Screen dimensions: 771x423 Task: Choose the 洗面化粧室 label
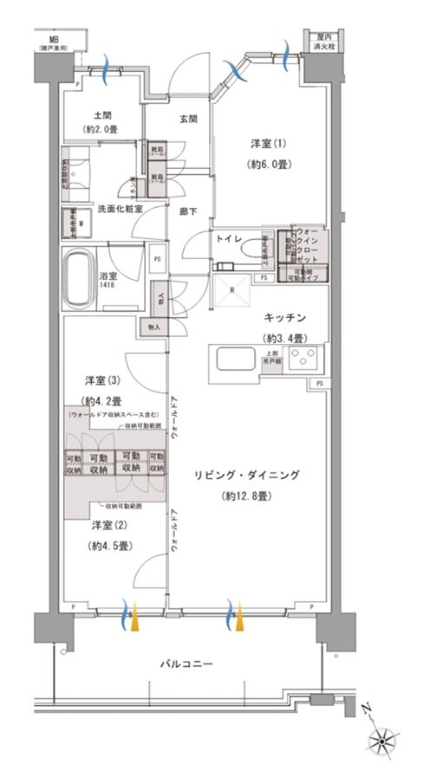pyautogui.click(x=120, y=210)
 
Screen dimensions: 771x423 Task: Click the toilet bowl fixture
pyautogui.click(x=257, y=249)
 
